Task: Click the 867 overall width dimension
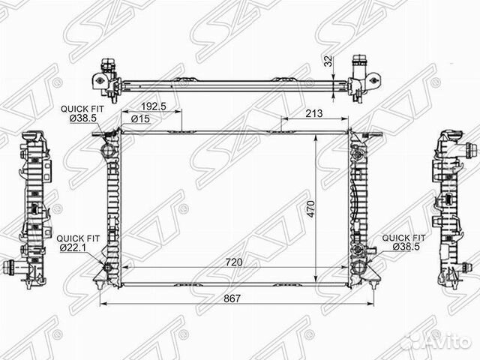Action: pyautogui.click(x=232, y=298)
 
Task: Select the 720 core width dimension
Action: pyautogui.click(x=233, y=262)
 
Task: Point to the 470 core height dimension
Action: pyautogui.click(x=310, y=208)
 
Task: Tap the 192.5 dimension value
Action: pyautogui.click(x=153, y=106)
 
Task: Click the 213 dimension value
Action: pyautogui.click(x=314, y=113)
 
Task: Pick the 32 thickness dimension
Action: pyautogui.click(x=328, y=61)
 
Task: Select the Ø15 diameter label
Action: pyautogui.click(x=140, y=118)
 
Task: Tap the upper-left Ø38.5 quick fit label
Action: pyautogui.click(x=83, y=118)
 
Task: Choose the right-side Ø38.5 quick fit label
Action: pyautogui.click(x=406, y=247)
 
